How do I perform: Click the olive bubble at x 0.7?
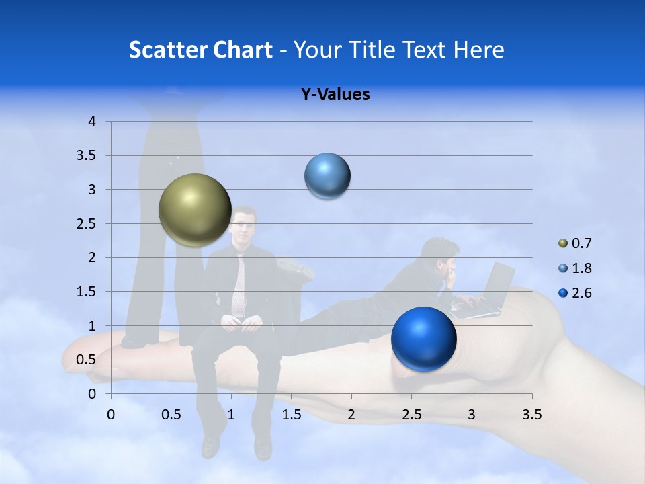click(x=195, y=210)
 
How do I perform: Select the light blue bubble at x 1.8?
click(x=327, y=176)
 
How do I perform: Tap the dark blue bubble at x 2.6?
click(x=423, y=339)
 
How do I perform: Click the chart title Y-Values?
click(x=335, y=95)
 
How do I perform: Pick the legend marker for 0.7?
click(x=563, y=243)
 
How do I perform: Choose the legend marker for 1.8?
click(x=563, y=268)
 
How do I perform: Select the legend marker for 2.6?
click(x=563, y=293)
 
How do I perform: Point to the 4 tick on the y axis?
click(x=93, y=122)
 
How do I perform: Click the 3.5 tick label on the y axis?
click(x=87, y=155)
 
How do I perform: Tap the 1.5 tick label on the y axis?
click(x=87, y=292)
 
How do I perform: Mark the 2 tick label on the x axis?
click(x=351, y=415)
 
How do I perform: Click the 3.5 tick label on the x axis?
click(x=531, y=415)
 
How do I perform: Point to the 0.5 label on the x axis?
click(x=171, y=415)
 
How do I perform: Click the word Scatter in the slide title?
click(x=165, y=50)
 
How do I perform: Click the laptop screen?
click(x=501, y=282)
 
